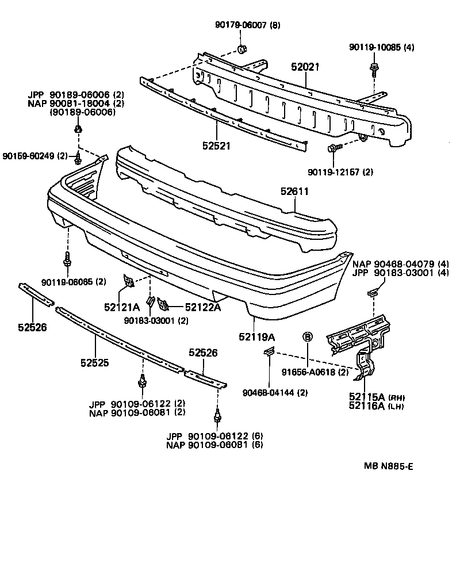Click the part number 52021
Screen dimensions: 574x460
pyautogui.click(x=305, y=68)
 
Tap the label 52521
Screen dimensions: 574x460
pyautogui.click(x=216, y=146)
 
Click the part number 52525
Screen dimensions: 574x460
pyautogui.click(x=94, y=363)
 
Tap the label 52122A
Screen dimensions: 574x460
pyautogui.click(x=202, y=307)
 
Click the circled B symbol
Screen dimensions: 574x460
pyautogui.click(x=308, y=337)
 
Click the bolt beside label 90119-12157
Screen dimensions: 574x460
pyautogui.click(x=333, y=150)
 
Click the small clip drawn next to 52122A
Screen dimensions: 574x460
pyautogui.click(x=163, y=303)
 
